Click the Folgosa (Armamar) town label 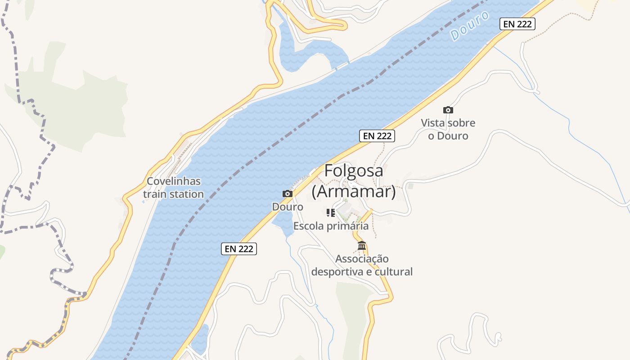(354, 181)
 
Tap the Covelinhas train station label (174, 188)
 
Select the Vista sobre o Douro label (448, 129)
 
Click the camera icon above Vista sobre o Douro (448, 110)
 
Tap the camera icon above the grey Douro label (288, 193)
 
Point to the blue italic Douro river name (470, 26)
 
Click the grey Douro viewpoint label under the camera (288, 207)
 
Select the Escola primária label (331, 226)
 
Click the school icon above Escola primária (331, 213)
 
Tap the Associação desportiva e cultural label (362, 265)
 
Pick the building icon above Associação (362, 246)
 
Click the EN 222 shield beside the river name (517, 24)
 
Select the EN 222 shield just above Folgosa (377, 135)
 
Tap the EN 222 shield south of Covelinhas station (239, 248)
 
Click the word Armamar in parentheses (354, 192)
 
